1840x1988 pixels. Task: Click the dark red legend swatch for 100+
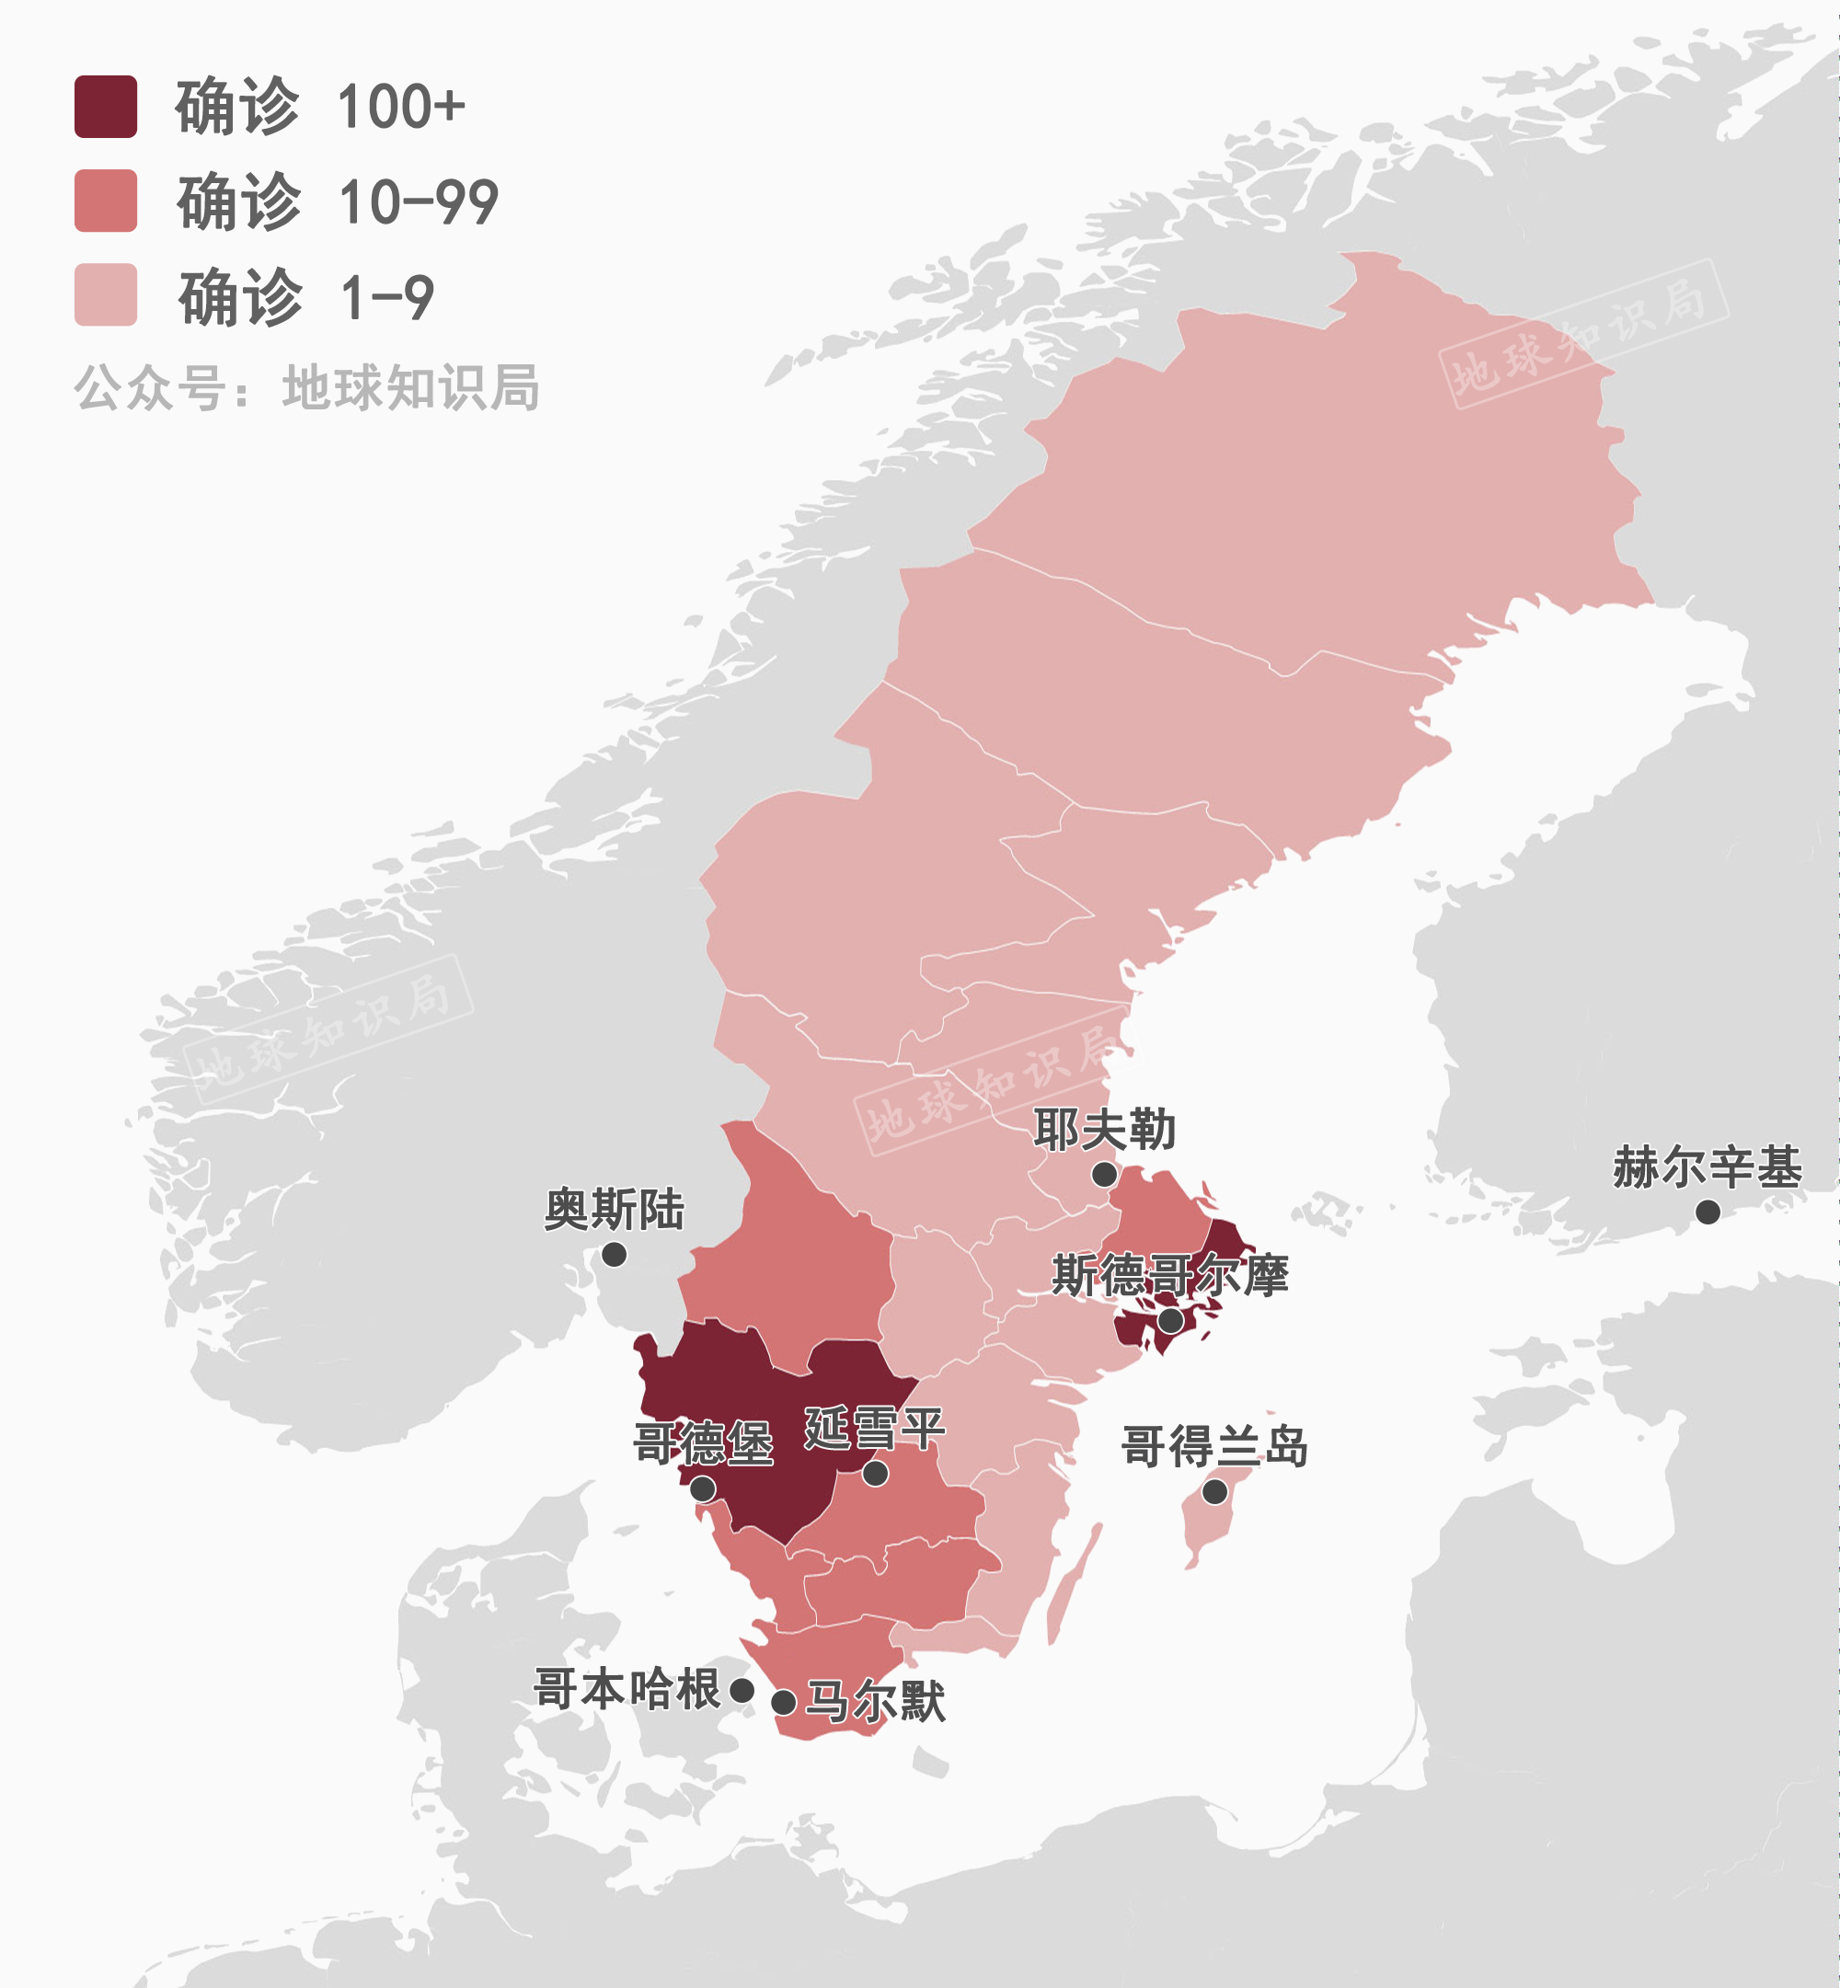click(106, 107)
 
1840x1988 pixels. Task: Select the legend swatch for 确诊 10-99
click(106, 201)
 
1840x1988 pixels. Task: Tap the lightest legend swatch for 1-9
click(106, 294)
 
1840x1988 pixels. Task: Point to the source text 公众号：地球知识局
click(306, 387)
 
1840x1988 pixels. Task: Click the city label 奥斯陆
click(614, 1209)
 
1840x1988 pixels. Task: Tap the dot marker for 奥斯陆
click(615, 1254)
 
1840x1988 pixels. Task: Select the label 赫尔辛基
click(1707, 1166)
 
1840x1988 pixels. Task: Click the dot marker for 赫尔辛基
click(1708, 1212)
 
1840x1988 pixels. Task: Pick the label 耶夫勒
click(1103, 1129)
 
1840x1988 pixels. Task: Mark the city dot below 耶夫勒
click(1103, 1175)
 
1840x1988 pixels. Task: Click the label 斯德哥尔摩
click(1170, 1275)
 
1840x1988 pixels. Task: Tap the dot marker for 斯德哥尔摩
click(1171, 1321)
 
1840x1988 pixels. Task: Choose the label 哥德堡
click(703, 1442)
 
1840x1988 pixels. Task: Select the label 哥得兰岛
click(1213, 1445)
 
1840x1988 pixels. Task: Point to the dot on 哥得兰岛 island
click(1214, 1491)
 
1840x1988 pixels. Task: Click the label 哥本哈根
click(627, 1689)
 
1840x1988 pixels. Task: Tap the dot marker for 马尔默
click(784, 1702)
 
